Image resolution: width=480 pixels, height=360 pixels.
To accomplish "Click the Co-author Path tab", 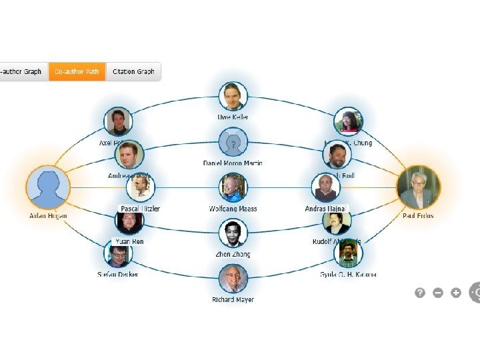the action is point(77,72).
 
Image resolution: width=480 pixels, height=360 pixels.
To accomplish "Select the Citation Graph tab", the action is point(133,72).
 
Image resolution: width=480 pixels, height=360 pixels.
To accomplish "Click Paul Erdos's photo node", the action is point(418,187).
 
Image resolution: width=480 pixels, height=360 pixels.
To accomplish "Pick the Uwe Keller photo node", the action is point(233,97).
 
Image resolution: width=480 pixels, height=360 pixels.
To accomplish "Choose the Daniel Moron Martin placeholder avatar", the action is point(233,142).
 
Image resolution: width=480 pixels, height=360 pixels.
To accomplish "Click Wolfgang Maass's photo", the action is point(233,187).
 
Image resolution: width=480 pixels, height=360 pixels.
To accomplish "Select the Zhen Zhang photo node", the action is point(233,233).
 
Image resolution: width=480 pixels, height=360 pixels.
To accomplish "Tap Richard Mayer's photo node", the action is point(233,278).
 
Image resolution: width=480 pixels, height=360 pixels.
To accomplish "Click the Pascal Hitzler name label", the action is point(140,209).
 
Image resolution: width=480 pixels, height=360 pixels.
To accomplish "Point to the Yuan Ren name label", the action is point(129,241).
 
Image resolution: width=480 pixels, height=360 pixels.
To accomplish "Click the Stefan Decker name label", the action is point(118,274).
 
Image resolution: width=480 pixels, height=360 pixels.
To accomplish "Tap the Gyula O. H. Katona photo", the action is point(348,253).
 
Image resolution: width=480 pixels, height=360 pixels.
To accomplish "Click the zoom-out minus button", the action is point(438,292).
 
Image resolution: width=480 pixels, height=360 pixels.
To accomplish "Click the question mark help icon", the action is point(420,292).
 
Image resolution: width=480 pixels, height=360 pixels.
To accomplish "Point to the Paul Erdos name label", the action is point(418,216).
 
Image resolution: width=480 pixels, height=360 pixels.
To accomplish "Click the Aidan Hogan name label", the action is point(48,216).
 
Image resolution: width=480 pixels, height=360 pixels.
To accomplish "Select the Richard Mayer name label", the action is point(233,300).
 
